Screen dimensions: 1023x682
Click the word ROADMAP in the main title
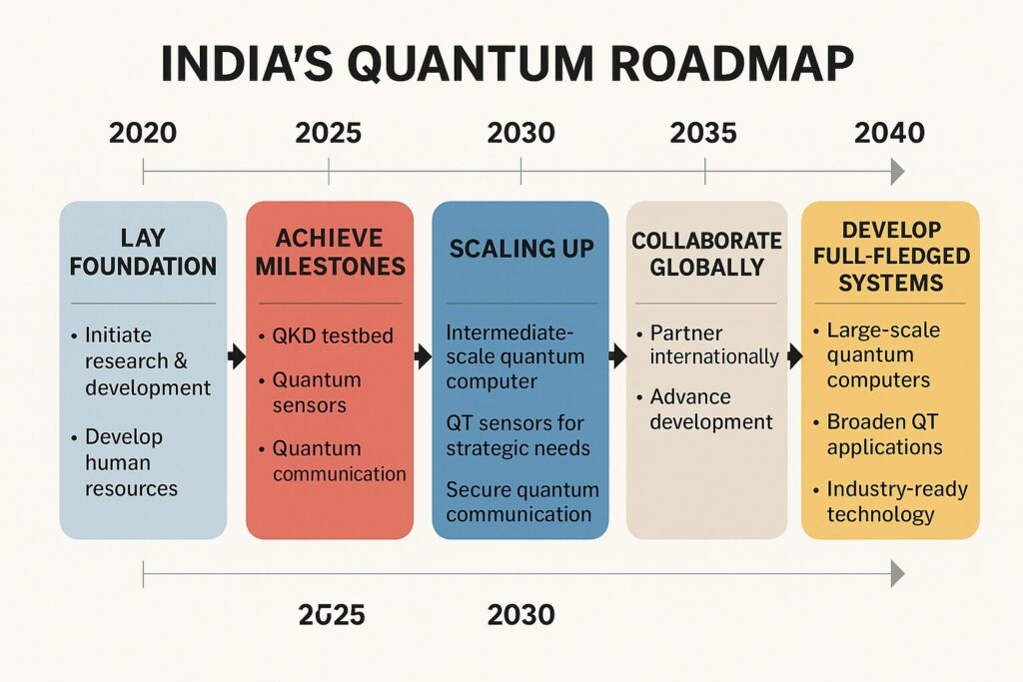(x=731, y=64)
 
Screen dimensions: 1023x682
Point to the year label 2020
(x=143, y=133)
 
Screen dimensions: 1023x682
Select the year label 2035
(x=703, y=133)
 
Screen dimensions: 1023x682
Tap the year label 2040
(x=889, y=133)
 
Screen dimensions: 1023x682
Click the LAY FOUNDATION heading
(x=143, y=252)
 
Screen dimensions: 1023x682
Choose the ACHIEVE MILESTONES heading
(x=330, y=252)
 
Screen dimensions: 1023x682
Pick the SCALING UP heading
(x=521, y=249)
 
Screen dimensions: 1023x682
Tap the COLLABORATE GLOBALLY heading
(x=706, y=254)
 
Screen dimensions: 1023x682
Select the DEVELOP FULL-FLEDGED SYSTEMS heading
(x=891, y=257)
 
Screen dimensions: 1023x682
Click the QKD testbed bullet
(x=327, y=336)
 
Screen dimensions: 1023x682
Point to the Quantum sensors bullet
(x=310, y=391)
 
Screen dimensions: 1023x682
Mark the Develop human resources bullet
(x=124, y=462)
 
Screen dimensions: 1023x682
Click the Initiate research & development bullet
(x=141, y=361)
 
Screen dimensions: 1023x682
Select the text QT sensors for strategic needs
(x=518, y=435)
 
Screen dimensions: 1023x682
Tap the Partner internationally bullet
(x=708, y=344)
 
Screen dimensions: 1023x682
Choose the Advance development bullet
(x=704, y=408)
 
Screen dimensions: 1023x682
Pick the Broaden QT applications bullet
(x=878, y=434)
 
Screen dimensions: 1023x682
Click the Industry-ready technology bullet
(x=890, y=501)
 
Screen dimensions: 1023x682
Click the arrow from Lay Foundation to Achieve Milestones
(x=237, y=356)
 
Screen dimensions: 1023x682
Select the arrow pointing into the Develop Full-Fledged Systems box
(x=795, y=356)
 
